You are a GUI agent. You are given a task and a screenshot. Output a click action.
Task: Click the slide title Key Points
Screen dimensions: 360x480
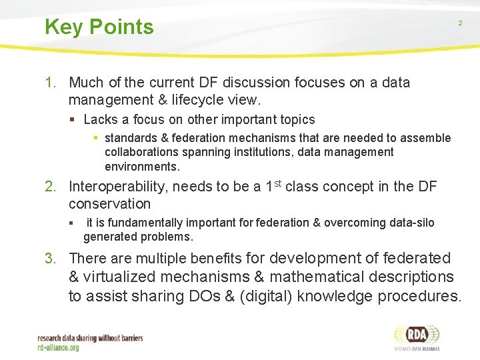(99, 27)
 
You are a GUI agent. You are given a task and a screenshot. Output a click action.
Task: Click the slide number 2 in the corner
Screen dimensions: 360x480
(459, 23)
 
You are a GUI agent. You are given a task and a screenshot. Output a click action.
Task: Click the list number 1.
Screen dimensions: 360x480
(49, 83)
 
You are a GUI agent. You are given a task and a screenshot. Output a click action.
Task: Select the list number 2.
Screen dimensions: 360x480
(50, 187)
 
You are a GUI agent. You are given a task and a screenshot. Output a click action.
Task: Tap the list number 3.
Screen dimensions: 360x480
(50, 259)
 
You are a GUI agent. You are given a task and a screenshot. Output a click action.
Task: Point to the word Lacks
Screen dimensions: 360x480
(100, 120)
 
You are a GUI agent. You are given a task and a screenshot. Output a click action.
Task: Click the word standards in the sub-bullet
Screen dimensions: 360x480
(131, 138)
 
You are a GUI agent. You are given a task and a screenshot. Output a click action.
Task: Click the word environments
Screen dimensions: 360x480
(141, 166)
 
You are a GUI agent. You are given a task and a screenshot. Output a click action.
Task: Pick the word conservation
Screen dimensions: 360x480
(110, 204)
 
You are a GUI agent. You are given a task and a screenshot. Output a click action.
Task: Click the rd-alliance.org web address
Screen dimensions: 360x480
(58, 347)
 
